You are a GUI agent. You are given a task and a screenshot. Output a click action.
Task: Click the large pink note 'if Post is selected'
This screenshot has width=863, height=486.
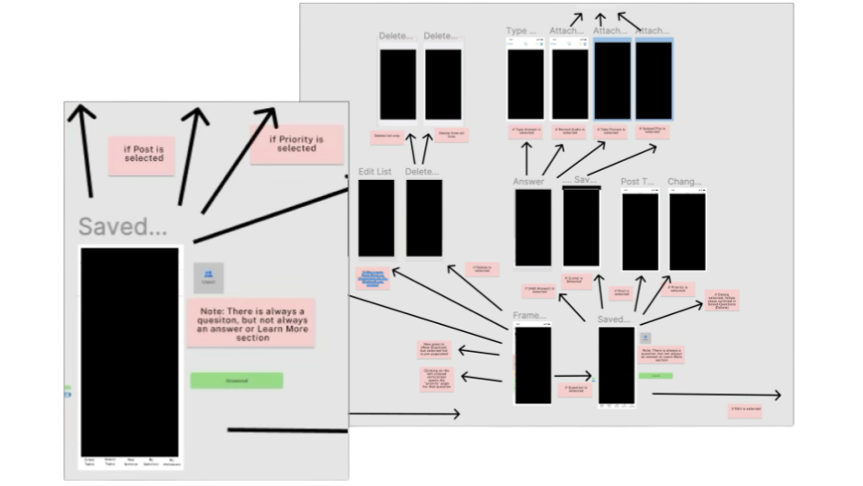140,155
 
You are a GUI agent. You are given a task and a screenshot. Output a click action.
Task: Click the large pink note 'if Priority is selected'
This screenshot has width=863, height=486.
296,143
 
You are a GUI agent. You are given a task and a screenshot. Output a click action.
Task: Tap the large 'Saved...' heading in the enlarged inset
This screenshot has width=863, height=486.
122,226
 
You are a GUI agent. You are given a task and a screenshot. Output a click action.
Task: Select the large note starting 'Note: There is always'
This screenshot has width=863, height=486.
251,322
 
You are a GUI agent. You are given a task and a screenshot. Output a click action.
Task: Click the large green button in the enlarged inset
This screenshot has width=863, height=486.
236,381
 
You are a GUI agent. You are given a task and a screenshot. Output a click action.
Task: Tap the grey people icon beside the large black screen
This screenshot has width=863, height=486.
209,277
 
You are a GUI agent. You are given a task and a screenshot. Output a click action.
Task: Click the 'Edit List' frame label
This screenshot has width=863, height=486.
375,172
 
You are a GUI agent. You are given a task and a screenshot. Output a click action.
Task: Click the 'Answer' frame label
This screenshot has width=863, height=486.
529,182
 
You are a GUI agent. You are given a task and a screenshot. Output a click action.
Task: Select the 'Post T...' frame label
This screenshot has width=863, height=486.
638,182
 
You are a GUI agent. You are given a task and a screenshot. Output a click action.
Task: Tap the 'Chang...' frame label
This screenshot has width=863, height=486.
685,182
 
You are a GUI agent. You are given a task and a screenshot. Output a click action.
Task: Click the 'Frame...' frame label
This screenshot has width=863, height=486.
529,316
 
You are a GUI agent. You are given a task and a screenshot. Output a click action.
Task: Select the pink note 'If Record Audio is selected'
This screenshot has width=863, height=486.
569,131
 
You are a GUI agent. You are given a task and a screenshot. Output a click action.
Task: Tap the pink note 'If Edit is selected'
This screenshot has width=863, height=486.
744,410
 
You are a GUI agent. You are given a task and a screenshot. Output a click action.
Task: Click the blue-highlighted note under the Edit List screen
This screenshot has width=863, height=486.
373,278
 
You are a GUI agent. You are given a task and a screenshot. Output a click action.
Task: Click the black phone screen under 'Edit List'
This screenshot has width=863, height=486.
376,218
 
